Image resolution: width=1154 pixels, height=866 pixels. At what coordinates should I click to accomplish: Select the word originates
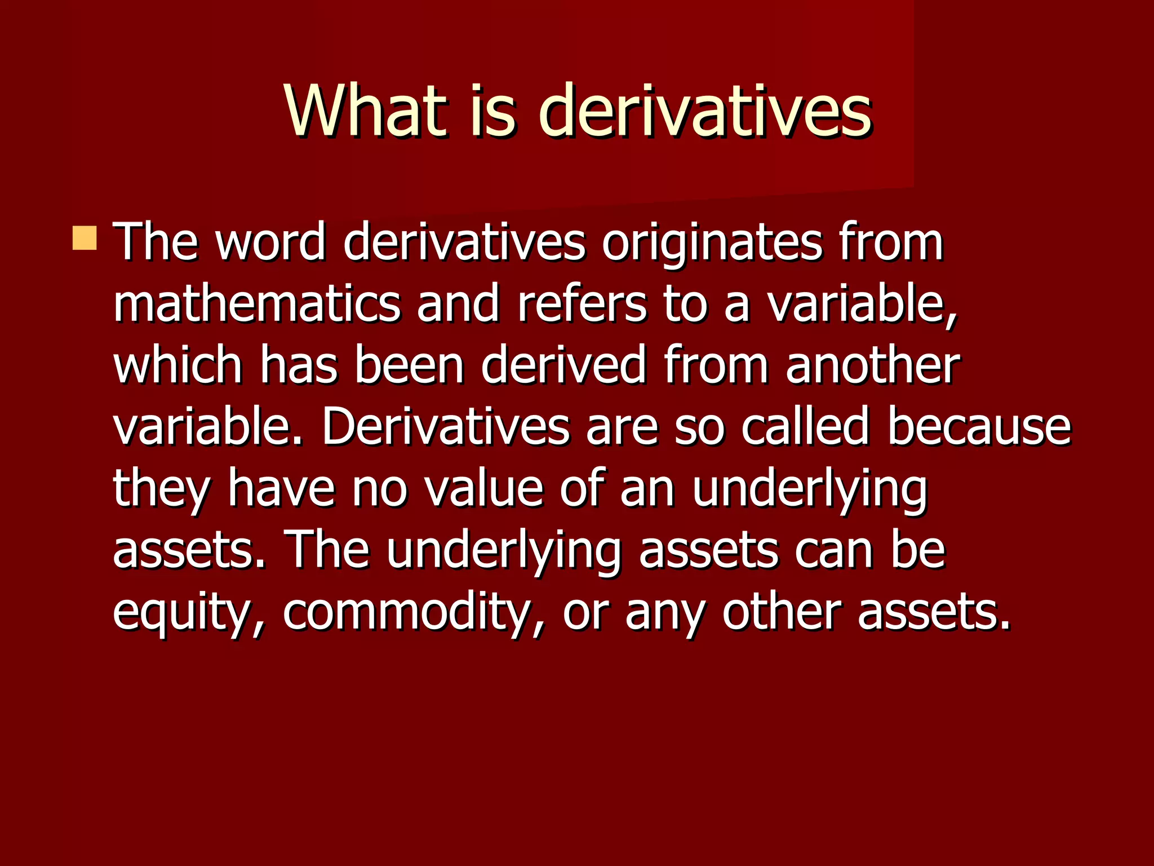tap(712, 242)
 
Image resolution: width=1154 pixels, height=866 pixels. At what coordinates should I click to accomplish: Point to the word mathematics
tap(257, 304)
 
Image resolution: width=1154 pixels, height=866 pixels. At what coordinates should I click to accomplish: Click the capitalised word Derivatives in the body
tap(445, 427)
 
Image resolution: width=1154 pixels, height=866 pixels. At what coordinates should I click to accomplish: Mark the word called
tap(805, 427)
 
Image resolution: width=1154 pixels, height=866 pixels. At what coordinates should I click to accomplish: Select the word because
tap(979, 427)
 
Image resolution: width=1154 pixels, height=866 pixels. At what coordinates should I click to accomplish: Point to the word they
tap(162, 488)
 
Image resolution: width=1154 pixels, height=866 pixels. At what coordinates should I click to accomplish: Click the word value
tap(483, 488)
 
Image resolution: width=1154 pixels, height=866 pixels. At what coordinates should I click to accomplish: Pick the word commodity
tap(411, 612)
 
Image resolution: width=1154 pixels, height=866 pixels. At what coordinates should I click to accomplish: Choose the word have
tap(281, 488)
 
